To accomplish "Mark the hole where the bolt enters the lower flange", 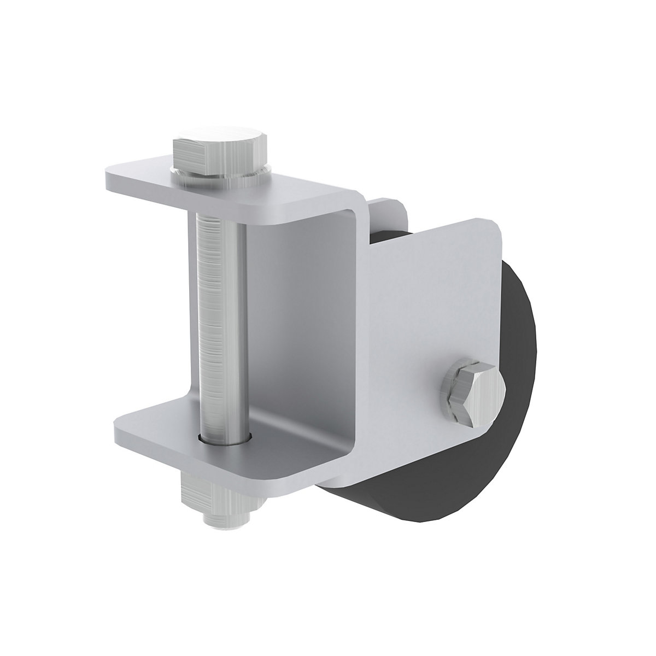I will coord(224,437).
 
